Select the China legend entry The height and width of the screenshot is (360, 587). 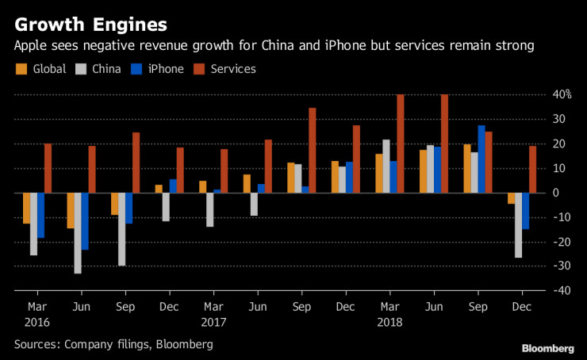click(99, 69)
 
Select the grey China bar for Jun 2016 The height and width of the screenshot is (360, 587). click(78, 233)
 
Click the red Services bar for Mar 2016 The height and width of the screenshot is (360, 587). click(48, 168)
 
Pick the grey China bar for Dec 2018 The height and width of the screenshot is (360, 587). click(518, 225)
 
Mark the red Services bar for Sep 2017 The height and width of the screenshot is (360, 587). click(313, 150)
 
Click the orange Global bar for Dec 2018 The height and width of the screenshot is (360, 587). click(510, 198)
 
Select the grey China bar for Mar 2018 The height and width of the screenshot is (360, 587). click(386, 166)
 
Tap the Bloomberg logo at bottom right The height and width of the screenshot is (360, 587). click(548, 348)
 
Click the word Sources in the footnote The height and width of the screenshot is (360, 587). click(36, 344)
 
